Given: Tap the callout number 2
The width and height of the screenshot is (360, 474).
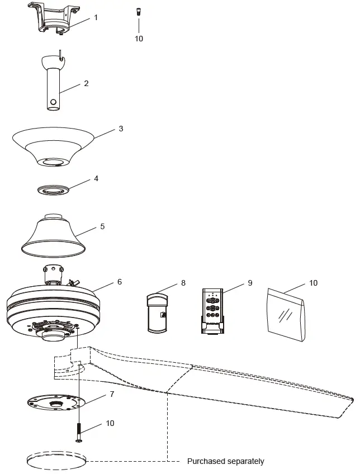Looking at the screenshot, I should [x=86, y=83].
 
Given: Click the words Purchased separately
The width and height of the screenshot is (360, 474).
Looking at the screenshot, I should [x=226, y=462].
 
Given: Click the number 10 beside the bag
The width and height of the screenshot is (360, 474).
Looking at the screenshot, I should [x=313, y=283].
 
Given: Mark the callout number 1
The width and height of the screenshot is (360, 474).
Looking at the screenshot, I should [x=96, y=17].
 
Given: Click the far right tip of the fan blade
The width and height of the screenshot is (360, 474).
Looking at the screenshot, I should [x=352, y=400].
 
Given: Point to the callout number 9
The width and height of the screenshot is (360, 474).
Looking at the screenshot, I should [x=250, y=283].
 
